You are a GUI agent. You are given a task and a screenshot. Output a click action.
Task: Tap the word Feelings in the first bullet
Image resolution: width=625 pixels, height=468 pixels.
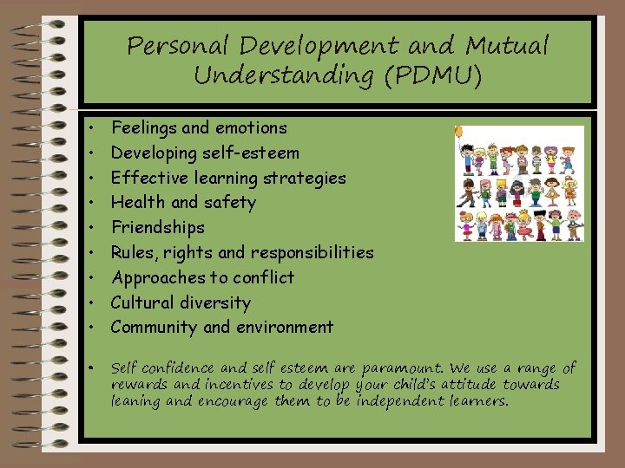(x=142, y=128)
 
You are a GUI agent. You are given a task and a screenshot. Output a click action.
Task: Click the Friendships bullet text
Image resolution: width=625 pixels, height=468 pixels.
(x=158, y=228)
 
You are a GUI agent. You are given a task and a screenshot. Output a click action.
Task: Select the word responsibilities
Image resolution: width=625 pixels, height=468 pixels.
(x=312, y=253)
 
